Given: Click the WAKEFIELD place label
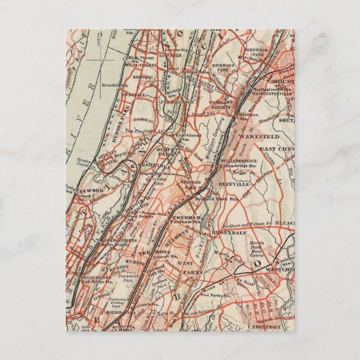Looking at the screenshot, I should click(x=260, y=136).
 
